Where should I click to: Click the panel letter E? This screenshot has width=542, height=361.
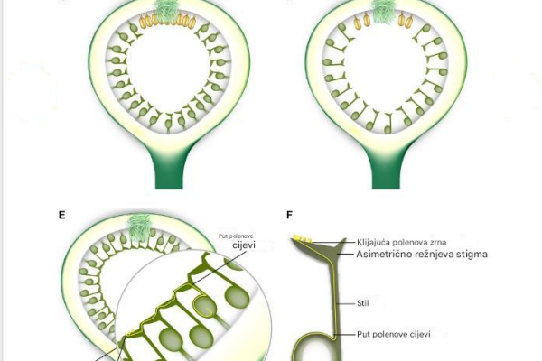pyautogui.click(x=61, y=215)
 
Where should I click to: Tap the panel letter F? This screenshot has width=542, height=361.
pyautogui.click(x=289, y=215)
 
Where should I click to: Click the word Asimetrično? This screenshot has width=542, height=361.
pyautogui.click(x=386, y=255)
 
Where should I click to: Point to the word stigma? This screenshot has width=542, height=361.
pyautogui.click(x=469, y=255)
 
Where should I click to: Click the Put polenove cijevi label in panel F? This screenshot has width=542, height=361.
pyautogui.click(x=394, y=335)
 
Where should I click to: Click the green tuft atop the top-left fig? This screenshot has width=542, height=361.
pyautogui.click(x=166, y=12)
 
